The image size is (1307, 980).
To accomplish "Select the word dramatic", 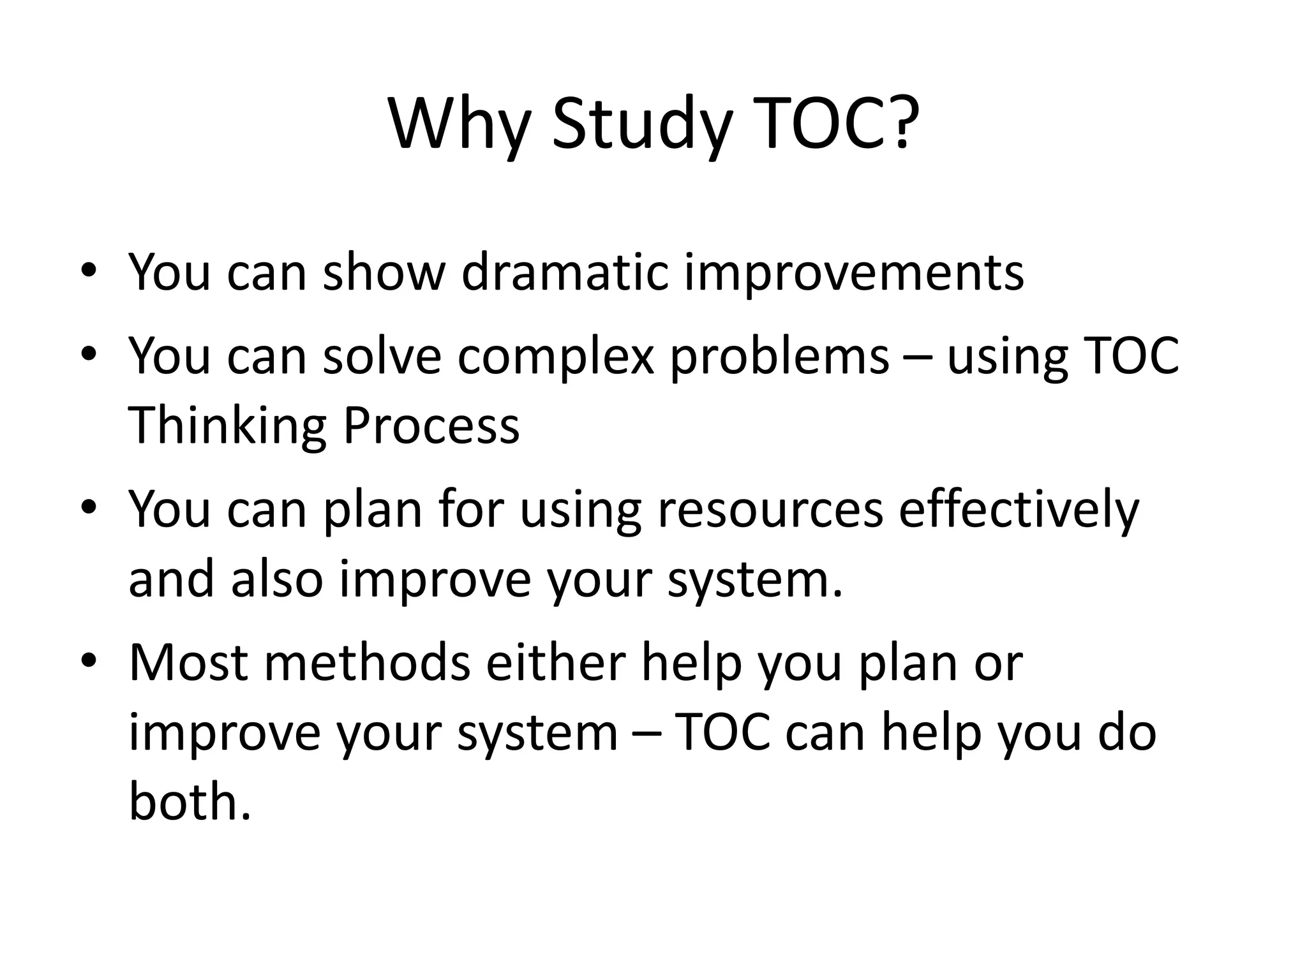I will [x=564, y=273].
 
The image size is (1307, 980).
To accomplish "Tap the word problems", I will [x=779, y=358].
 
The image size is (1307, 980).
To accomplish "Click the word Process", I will [x=431, y=426].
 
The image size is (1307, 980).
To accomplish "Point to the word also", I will [x=276, y=580].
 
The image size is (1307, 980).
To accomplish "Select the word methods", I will [x=368, y=664].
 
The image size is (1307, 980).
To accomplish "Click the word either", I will [x=555, y=664].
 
